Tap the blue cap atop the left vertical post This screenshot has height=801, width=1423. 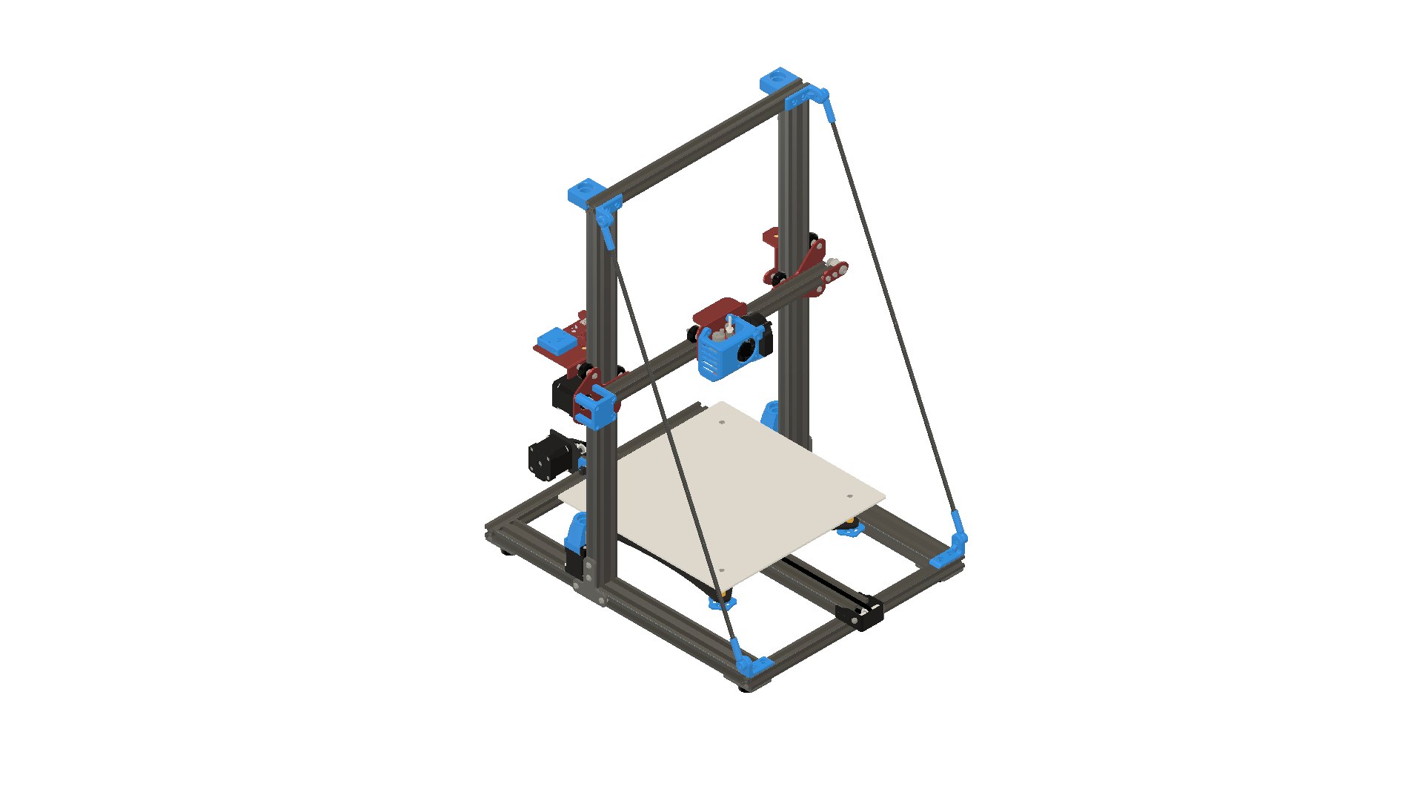click(x=586, y=191)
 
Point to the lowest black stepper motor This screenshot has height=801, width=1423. click(x=548, y=454)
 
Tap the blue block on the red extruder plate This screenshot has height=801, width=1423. click(x=556, y=341)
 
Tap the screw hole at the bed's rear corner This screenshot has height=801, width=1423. click(x=722, y=423)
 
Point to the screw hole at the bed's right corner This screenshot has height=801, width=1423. click(x=849, y=497)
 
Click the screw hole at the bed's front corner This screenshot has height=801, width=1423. click(x=722, y=571)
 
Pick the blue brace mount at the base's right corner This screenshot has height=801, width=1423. click(x=952, y=549)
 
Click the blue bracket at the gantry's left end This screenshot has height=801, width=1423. click(x=597, y=408)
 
